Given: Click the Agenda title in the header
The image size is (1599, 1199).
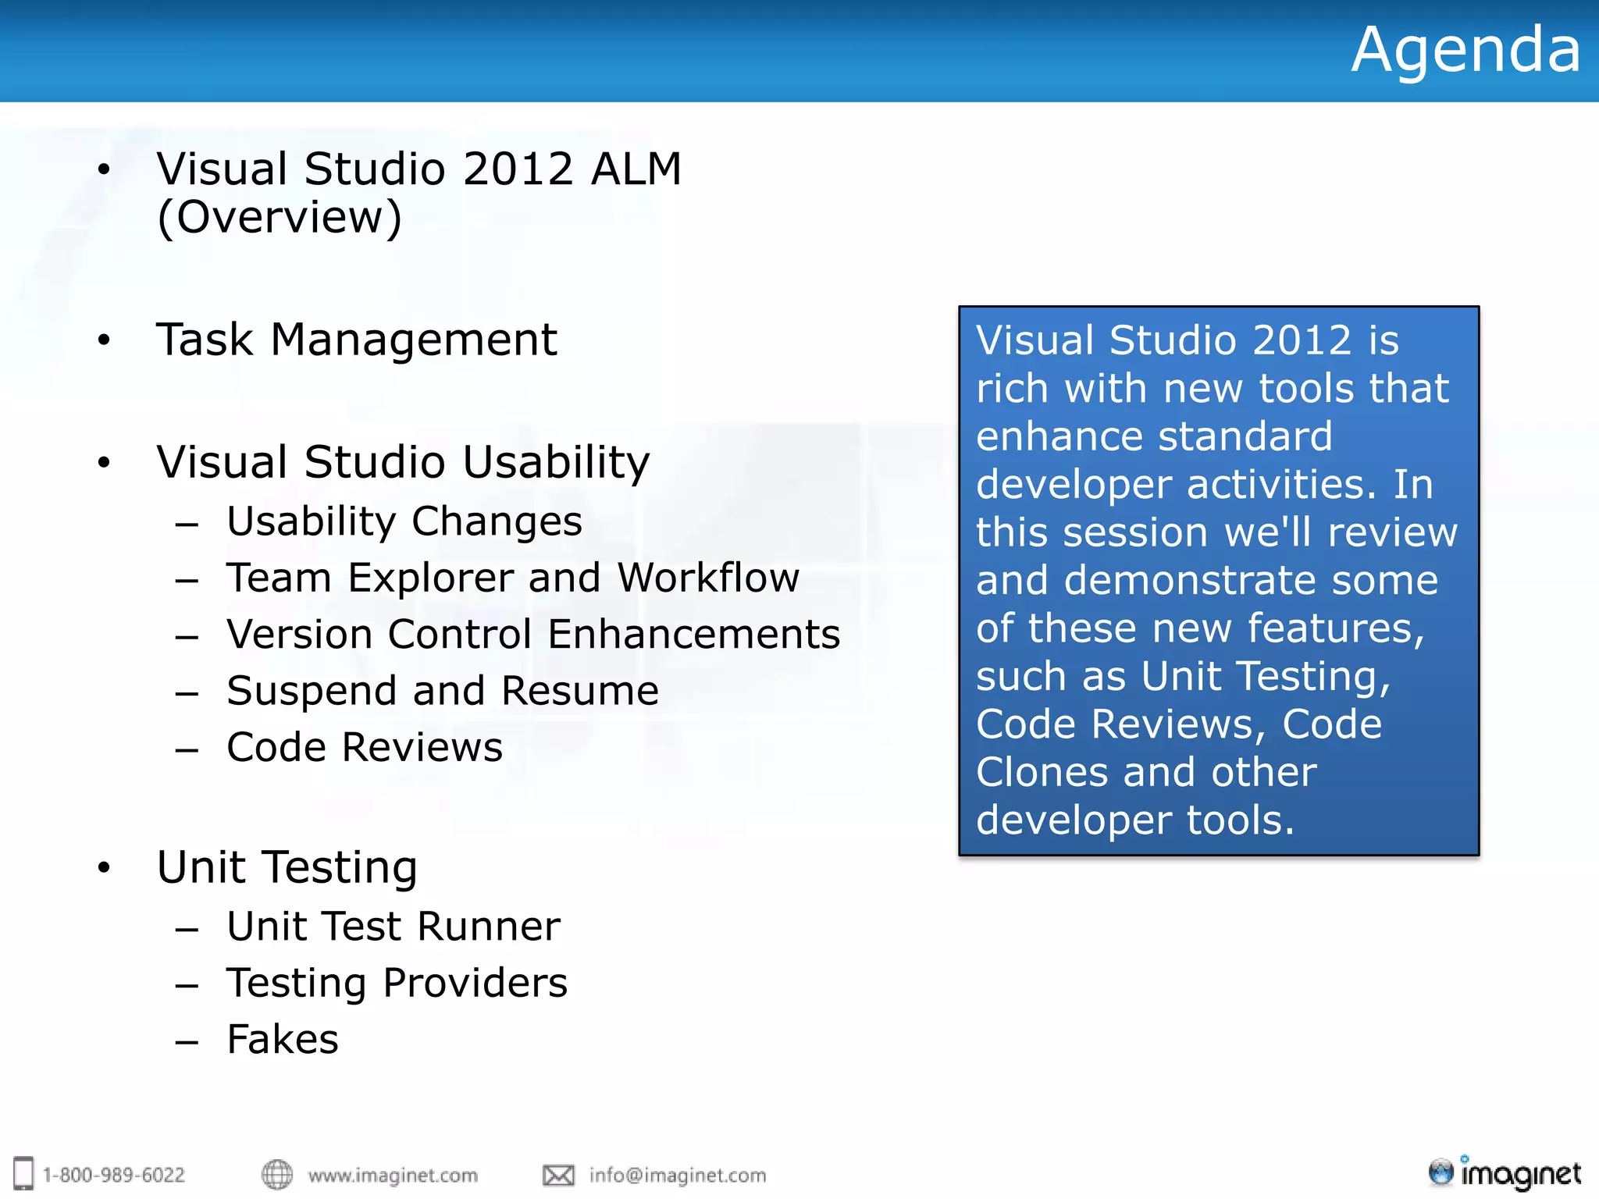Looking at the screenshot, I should tap(1465, 50).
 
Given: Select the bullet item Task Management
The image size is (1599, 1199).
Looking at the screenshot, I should tap(356, 340).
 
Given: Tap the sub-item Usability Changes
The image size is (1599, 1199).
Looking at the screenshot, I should tap(404, 521).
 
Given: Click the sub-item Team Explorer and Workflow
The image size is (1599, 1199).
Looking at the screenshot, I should tap(512, 578).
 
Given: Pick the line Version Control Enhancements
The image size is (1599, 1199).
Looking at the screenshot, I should tap(532, 635).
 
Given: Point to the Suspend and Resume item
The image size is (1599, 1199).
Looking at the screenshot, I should tap(442, 692).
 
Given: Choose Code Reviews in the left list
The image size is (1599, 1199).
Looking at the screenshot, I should tap(364, 748).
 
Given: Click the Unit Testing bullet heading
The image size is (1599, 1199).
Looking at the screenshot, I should tap(287, 867).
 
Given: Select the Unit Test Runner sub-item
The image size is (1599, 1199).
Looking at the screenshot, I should tap(393, 927).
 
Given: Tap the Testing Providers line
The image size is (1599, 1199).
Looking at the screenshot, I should tap(397, 983).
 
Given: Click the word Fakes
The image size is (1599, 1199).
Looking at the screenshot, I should tap(283, 1040).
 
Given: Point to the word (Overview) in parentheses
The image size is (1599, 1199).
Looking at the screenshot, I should tap(279, 218).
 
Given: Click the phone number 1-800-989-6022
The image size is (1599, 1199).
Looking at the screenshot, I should tap(113, 1175).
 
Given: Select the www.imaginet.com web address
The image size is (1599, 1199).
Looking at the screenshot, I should tap(392, 1175).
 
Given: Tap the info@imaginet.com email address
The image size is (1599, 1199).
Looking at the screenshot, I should tap(677, 1175).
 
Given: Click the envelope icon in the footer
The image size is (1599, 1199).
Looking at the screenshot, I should tap(558, 1175).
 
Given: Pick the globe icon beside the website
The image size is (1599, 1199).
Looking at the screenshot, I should tap(276, 1174).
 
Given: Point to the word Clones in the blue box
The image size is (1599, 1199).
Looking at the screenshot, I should tap(1042, 773).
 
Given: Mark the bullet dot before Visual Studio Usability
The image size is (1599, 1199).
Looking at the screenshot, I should tap(104, 463).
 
